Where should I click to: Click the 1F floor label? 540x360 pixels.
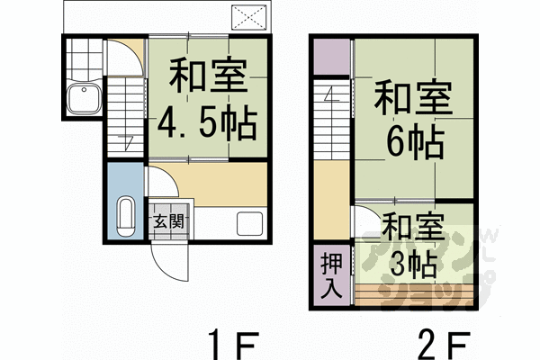click(x=234, y=344)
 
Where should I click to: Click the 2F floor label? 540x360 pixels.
click(x=444, y=344)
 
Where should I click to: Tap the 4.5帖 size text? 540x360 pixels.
click(x=206, y=121)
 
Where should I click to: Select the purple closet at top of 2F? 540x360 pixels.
click(x=330, y=59)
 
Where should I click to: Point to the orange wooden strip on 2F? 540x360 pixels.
click(x=414, y=293)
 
